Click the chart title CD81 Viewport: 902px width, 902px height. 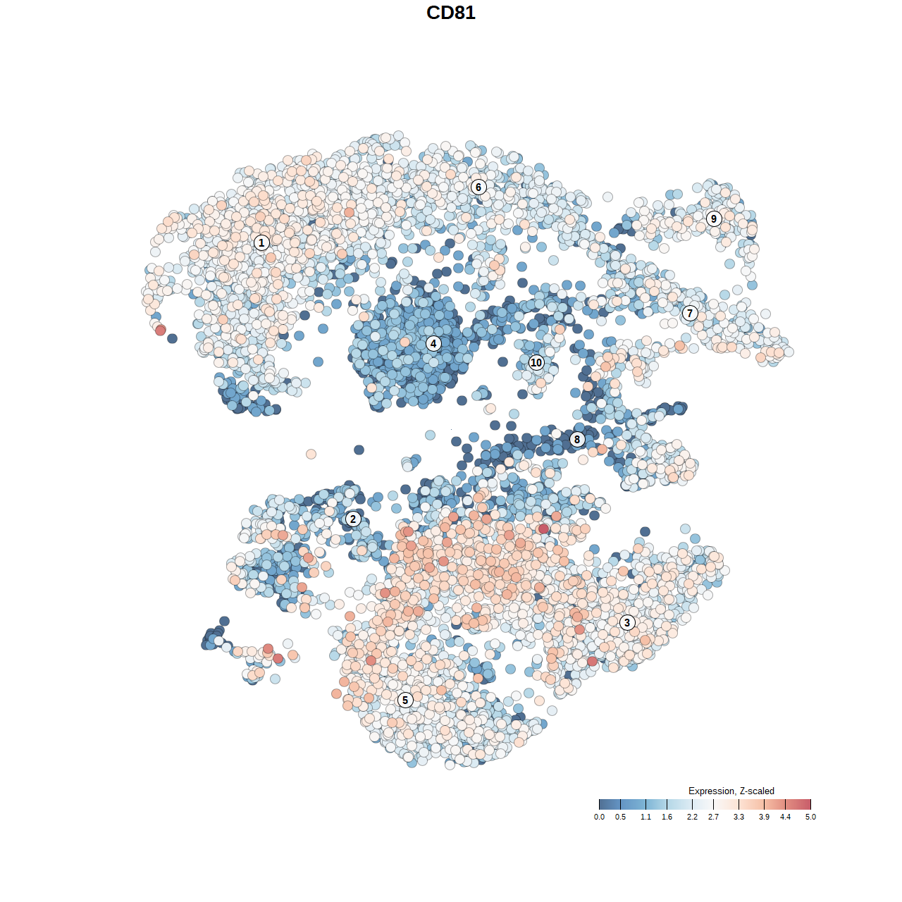pyautogui.click(x=451, y=13)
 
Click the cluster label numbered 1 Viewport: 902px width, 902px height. pyautogui.click(x=261, y=242)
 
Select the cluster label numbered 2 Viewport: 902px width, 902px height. pyautogui.click(x=353, y=519)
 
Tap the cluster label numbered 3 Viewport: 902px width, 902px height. pyautogui.click(x=627, y=622)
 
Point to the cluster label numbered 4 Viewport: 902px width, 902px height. pyautogui.click(x=433, y=344)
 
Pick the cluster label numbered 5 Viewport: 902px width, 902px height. pyautogui.click(x=405, y=700)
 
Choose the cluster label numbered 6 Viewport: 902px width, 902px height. pyautogui.click(x=478, y=187)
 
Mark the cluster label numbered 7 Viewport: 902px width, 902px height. pyautogui.click(x=690, y=314)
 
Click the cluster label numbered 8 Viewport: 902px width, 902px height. pyautogui.click(x=577, y=440)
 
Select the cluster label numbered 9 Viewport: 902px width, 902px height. pyautogui.click(x=714, y=218)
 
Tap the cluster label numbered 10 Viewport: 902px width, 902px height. pyautogui.click(x=536, y=363)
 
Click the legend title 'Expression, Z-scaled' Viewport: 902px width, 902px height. pyautogui.click(x=731, y=791)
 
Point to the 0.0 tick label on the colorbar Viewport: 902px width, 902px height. pyautogui.click(x=599, y=817)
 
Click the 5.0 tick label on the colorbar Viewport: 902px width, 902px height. pyautogui.click(x=810, y=817)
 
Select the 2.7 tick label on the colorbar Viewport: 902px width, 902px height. pyautogui.click(x=713, y=817)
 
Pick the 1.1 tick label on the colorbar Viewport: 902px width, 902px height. pyautogui.click(x=645, y=817)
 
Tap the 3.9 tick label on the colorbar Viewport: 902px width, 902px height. pyautogui.click(x=764, y=817)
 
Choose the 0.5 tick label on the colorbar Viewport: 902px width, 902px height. pyautogui.click(x=620, y=817)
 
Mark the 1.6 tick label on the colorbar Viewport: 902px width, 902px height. pyautogui.click(x=667, y=817)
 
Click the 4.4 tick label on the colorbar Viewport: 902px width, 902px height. pyautogui.click(x=785, y=817)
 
